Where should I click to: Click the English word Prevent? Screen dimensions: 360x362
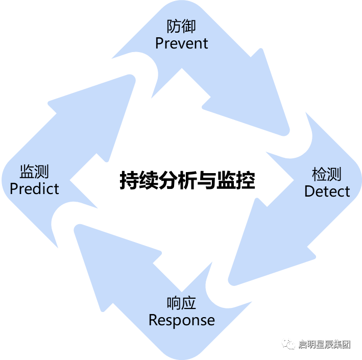tap(181, 43)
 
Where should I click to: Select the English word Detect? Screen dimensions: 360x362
tap(327, 191)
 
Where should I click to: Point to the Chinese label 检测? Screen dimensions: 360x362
tap(327, 175)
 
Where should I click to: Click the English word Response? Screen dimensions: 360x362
tap(181, 320)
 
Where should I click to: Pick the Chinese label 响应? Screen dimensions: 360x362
tap(181, 303)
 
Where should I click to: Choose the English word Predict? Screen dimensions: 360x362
tap(34, 188)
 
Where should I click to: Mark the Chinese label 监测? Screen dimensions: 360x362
tap(34, 172)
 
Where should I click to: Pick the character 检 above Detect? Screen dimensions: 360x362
tap(319, 175)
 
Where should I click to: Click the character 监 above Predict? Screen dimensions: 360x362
tap(27, 172)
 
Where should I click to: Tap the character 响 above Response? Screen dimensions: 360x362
tap(174, 303)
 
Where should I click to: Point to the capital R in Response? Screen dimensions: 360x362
tap(153, 320)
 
